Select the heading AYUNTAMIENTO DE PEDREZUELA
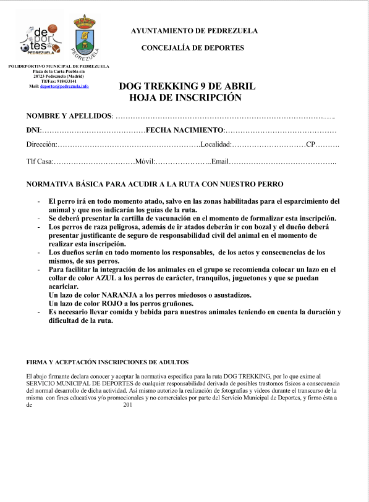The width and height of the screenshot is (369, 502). coord(194,31)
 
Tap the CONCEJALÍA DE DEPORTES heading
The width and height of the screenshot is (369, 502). coord(193,48)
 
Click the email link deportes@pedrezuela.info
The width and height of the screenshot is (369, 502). coord(64,86)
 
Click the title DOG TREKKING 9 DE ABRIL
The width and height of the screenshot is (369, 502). coord(187,86)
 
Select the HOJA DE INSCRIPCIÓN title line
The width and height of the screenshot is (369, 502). coord(185,98)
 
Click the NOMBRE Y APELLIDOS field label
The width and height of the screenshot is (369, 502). coord(69,116)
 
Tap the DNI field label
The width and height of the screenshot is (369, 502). coord(33,130)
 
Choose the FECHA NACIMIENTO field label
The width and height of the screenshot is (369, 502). coord(184,130)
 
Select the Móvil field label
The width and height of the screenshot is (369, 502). coord(144,162)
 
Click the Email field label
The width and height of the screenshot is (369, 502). coord(220,162)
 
